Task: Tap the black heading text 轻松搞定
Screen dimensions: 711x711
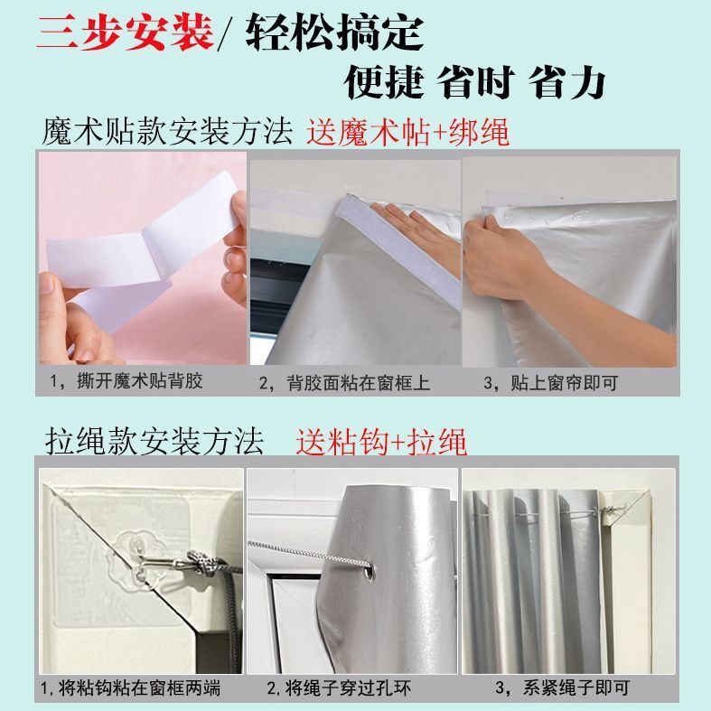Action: pos(334,33)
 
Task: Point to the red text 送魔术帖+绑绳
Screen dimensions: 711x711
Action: pos(408,133)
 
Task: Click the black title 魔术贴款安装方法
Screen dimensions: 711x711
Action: pos(168,133)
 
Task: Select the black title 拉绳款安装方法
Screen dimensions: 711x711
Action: pos(154,442)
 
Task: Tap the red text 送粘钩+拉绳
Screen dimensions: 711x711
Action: pos(381,442)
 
